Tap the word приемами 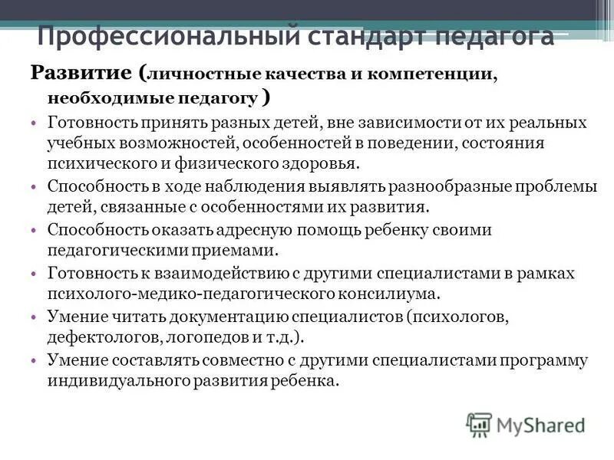point(243,251)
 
